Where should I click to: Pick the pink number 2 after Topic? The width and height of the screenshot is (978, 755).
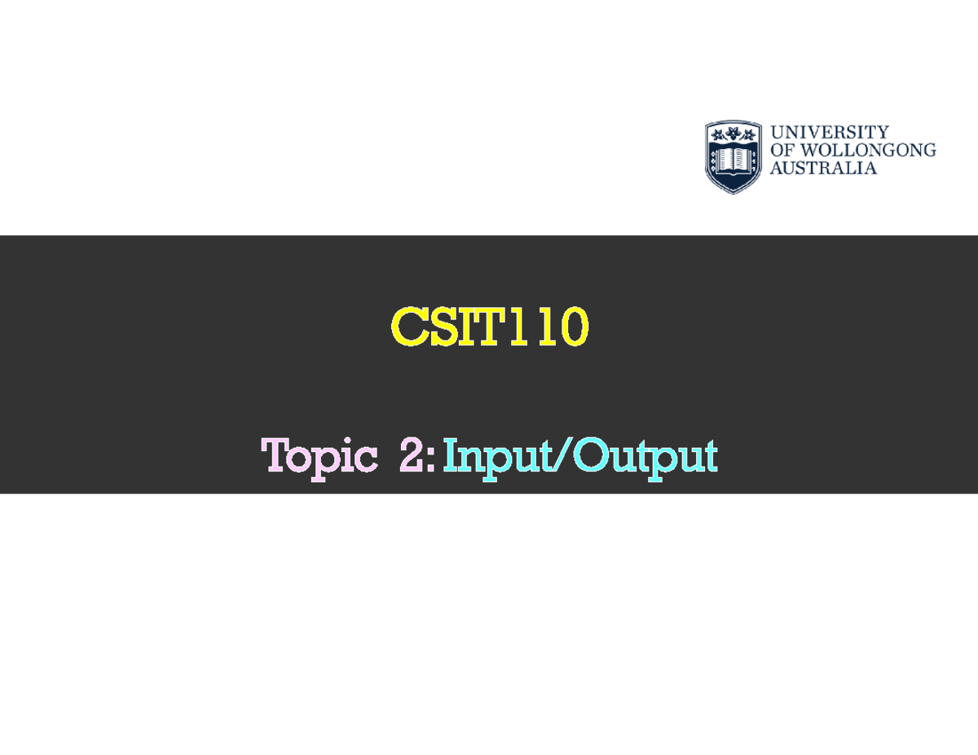pos(413,456)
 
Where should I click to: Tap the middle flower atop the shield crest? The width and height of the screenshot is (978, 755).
pos(733,134)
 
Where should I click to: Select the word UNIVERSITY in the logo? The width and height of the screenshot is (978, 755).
pos(830,132)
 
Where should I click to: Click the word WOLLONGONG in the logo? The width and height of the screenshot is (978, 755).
pos(870,150)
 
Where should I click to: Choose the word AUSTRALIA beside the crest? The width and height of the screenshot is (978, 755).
pos(823,169)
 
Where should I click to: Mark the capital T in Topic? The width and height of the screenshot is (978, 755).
pos(276,455)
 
